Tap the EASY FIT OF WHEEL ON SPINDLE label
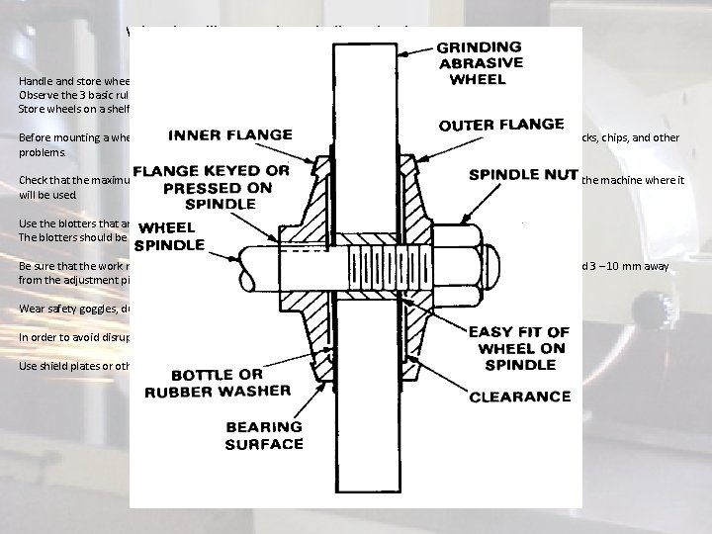(x=517, y=348)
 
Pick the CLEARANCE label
(x=521, y=397)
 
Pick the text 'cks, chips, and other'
(x=630, y=137)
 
